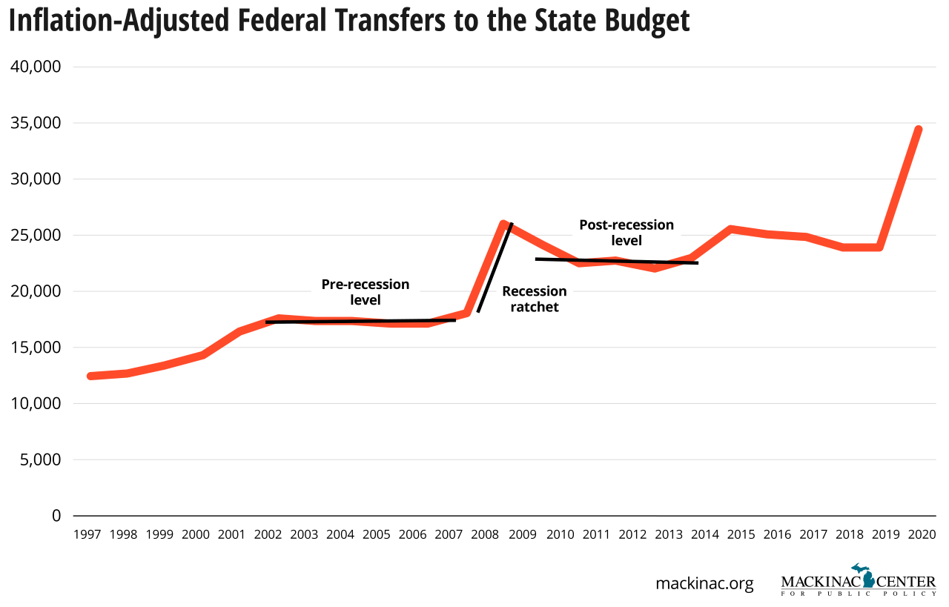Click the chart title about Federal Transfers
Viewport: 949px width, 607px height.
[349, 21]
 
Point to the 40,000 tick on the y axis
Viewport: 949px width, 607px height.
[35, 67]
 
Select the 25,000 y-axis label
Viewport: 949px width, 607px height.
[35, 235]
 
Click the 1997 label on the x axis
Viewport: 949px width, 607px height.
[87, 534]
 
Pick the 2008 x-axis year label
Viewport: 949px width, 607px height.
[486, 534]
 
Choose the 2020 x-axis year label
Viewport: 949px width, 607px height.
[921, 534]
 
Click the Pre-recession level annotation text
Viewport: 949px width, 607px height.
[365, 292]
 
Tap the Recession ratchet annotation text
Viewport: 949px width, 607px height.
[534, 299]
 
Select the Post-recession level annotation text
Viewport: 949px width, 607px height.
[626, 232]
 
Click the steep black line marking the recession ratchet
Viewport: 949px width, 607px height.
[495, 268]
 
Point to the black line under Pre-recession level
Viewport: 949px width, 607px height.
[360, 321]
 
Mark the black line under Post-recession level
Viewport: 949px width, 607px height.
[616, 261]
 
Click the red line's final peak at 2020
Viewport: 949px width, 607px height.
[918, 130]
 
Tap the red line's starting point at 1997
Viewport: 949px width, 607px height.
[91, 376]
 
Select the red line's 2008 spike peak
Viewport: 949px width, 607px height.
[503, 224]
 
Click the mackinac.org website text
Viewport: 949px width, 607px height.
[704, 583]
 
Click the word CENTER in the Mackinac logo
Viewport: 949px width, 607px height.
[906, 582]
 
